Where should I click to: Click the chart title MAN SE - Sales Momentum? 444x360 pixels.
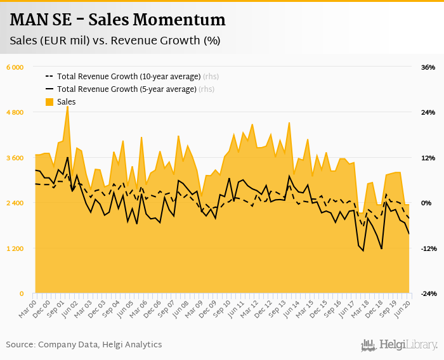click(117, 20)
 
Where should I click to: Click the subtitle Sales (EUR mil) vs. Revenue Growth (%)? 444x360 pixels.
click(115, 41)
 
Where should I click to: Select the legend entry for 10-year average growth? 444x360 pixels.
click(129, 76)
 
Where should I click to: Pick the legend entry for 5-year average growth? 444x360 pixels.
click(127, 89)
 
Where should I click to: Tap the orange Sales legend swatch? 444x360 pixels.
click(49, 102)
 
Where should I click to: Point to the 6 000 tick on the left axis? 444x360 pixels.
click(15, 67)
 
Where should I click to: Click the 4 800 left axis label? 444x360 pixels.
click(15, 112)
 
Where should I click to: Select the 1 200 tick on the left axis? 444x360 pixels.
click(15, 248)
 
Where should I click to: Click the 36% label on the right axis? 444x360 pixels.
click(428, 67)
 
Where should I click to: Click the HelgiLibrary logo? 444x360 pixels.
click(400, 345)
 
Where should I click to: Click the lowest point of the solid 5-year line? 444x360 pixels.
click(363, 250)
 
